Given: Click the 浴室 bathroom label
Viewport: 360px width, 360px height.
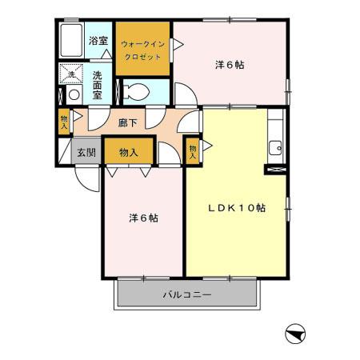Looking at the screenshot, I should pos(98,40).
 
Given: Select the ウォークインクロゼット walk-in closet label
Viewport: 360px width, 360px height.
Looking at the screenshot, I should pos(142,50).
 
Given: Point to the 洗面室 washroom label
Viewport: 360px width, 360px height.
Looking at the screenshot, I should pos(97,85).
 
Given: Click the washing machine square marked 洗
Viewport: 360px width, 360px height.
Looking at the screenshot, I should pos(70,74).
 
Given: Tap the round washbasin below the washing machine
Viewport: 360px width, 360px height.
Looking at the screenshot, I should pos(73,94).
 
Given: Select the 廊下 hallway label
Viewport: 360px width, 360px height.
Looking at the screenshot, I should pos(128,123).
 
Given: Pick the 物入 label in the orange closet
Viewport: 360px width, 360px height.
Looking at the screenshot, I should pos(128,152).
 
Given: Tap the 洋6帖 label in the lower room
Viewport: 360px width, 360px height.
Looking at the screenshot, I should pos(143,217).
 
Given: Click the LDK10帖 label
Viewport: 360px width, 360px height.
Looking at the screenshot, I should pos(237,207).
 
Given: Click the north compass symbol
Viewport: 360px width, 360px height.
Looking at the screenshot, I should pos(294,333).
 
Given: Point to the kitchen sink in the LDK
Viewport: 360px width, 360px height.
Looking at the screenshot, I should pos(275,146).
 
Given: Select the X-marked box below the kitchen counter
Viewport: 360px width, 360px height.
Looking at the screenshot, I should pos(274,169).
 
